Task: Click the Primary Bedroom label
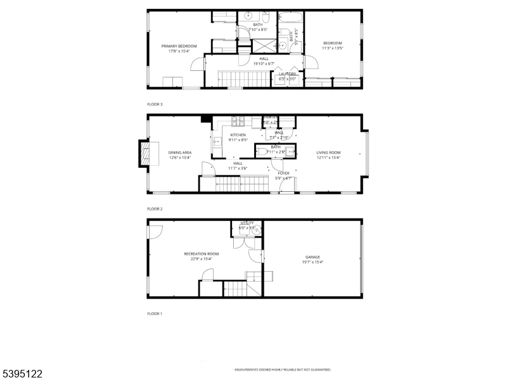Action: tap(179, 46)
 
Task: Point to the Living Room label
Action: tap(328, 153)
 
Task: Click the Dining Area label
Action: tap(180, 153)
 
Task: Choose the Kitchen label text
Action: tap(238, 135)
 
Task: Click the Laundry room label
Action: tap(288, 74)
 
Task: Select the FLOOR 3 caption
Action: tap(155, 104)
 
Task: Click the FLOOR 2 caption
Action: tap(155, 208)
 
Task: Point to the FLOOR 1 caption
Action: tap(155, 313)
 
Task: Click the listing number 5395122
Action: tap(22, 374)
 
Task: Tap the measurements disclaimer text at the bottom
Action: tap(283, 369)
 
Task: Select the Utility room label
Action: tap(247, 223)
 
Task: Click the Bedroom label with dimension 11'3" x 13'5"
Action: tap(333, 43)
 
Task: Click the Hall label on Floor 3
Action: tap(264, 59)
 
